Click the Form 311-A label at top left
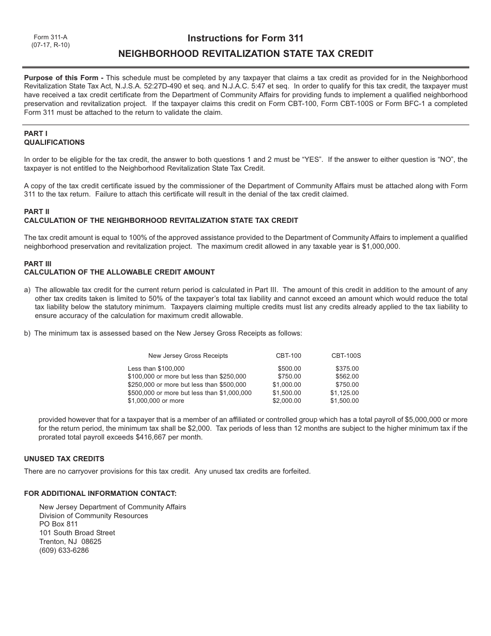50,37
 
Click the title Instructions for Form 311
245,38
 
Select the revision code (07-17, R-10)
50,45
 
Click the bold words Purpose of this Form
60,78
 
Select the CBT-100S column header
346,356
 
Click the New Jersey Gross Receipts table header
188,356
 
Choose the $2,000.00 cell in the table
287,401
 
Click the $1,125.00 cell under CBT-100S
344,393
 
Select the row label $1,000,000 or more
156,401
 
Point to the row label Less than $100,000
156,369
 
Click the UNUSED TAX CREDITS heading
64,459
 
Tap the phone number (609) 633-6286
64,550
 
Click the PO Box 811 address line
58,524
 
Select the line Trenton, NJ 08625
70,541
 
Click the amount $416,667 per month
168,437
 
